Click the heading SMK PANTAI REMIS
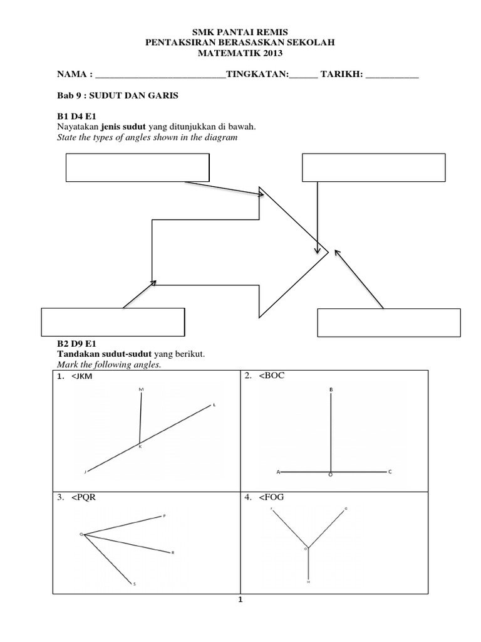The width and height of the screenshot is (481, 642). (240, 31)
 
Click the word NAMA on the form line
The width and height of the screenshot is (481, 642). (72, 75)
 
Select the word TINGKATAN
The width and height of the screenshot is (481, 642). (257, 75)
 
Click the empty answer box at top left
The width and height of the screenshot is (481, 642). (137, 167)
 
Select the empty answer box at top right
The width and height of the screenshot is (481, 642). (373, 167)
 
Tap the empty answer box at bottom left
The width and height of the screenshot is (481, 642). (113, 322)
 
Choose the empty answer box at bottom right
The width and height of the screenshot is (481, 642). (390, 322)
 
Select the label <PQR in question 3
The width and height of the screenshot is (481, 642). (86, 498)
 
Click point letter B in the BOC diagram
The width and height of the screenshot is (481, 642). (331, 390)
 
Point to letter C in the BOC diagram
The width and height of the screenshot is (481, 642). (390, 471)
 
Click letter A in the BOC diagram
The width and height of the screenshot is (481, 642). (278, 471)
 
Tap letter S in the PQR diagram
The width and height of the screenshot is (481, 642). (135, 584)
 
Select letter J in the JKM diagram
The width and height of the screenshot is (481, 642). (85, 471)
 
